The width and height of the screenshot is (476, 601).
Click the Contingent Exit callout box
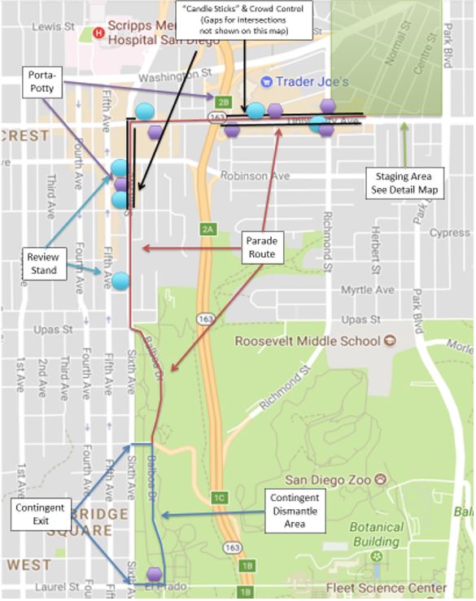click(38, 514)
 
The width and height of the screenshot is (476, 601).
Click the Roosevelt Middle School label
click(306, 341)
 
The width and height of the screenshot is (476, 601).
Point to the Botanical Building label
click(377, 534)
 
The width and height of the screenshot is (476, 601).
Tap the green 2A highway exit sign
click(207, 230)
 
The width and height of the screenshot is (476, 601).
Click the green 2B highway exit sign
click(225, 101)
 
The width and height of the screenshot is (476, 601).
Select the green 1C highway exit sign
click(218, 498)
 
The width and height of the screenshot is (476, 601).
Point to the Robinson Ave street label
click(257, 175)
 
